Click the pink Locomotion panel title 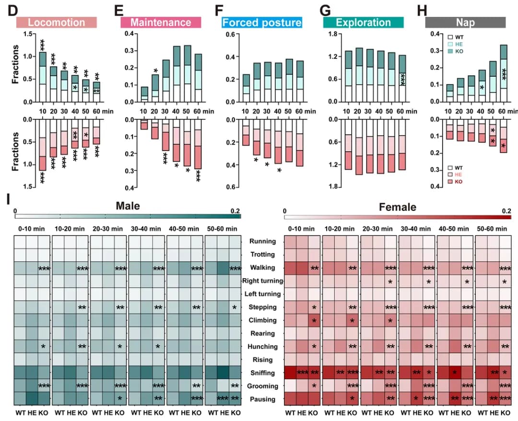point(57,23)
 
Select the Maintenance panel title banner point(161,23)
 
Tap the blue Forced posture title point(262,23)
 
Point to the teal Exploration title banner point(363,23)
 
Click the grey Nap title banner point(466,23)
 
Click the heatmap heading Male point(128,206)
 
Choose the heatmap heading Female point(398,207)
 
